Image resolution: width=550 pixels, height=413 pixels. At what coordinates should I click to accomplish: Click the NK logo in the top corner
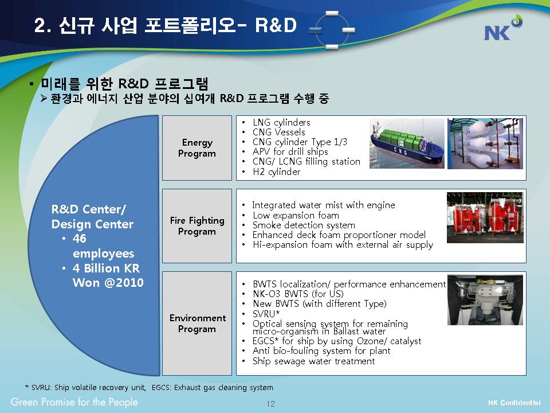pyautogui.click(x=502, y=28)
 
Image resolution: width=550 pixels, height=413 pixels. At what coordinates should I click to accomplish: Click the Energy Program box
pyautogui.click(x=197, y=148)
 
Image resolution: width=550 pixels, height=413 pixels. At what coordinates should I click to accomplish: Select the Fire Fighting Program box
pyautogui.click(x=197, y=226)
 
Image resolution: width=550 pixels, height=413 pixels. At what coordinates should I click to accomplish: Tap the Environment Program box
pyautogui.click(x=197, y=323)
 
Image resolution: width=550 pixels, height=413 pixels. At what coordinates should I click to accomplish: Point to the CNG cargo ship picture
pyautogui.click(x=407, y=143)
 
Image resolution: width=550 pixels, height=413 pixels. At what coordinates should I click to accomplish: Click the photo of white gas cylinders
pyautogui.click(x=485, y=143)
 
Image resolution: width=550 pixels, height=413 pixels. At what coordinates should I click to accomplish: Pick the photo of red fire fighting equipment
pyautogui.click(x=485, y=217)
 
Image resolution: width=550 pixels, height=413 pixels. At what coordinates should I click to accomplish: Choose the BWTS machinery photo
pyautogui.click(x=485, y=300)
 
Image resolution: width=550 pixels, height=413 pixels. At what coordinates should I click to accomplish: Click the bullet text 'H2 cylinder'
pyautogui.click(x=276, y=172)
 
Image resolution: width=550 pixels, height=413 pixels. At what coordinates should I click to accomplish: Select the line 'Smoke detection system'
pyautogui.click(x=304, y=225)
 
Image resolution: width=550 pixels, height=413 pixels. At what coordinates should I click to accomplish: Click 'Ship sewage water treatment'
pyautogui.click(x=313, y=361)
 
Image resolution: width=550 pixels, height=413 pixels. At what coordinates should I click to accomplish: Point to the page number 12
pyautogui.click(x=271, y=404)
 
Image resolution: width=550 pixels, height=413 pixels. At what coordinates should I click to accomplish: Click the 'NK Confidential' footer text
pyautogui.click(x=514, y=403)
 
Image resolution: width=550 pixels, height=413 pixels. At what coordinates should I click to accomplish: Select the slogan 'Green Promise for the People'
pyautogui.click(x=74, y=402)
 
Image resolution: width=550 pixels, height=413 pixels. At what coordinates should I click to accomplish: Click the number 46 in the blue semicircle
pyautogui.click(x=80, y=239)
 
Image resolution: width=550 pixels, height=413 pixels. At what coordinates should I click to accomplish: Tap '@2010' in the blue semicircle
pyautogui.click(x=124, y=283)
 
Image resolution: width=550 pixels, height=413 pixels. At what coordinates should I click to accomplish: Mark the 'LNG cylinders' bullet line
pyautogui.click(x=281, y=123)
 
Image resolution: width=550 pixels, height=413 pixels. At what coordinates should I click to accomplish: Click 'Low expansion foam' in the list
pyautogui.click(x=296, y=215)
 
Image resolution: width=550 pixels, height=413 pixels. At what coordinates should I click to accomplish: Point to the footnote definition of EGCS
pyautogui.click(x=212, y=387)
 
